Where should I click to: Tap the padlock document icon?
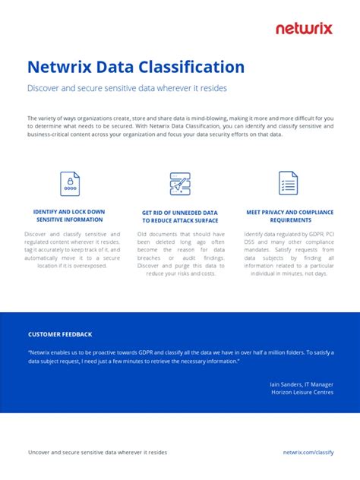point(70,183)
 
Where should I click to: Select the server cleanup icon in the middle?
point(180,183)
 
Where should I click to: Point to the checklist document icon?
point(288,183)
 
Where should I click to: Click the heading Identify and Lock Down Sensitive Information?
point(70,215)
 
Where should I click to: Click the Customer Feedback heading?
point(60,334)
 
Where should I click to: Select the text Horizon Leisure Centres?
point(302,393)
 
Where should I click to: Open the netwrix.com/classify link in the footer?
point(308,452)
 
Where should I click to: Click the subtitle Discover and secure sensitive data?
point(127,88)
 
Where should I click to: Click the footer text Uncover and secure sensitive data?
point(97,452)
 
